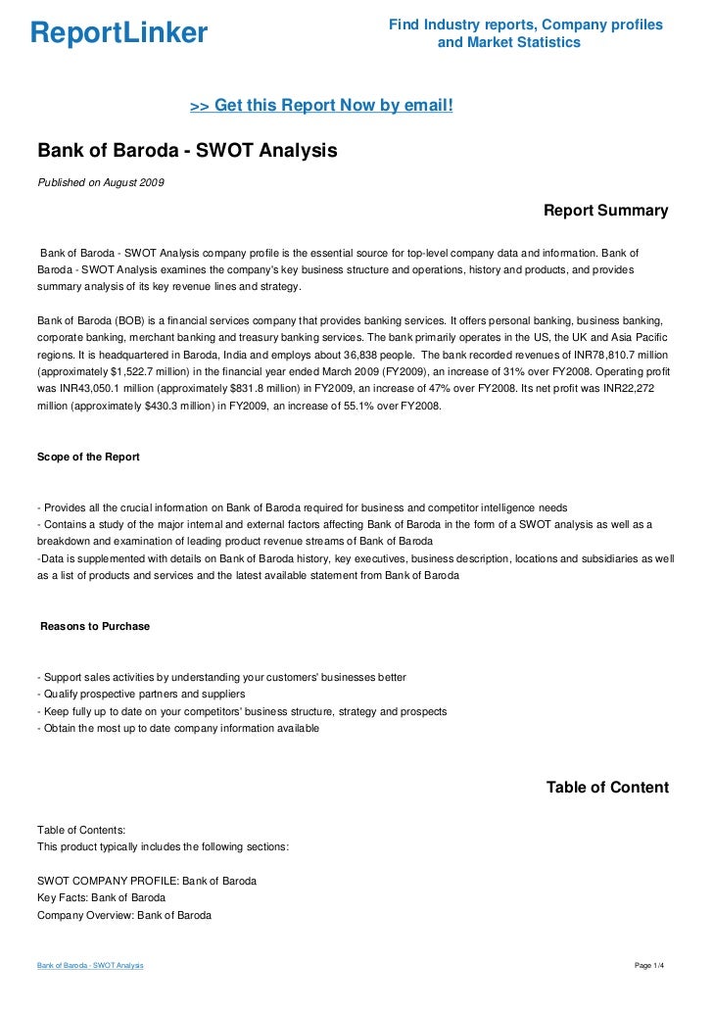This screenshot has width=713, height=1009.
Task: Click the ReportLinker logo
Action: tap(119, 34)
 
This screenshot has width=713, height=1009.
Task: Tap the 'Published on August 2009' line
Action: tap(101, 184)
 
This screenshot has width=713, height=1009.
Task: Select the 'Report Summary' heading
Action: tap(605, 211)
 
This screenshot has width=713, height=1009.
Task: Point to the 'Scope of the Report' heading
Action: tap(88, 456)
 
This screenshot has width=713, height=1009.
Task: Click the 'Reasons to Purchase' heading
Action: tap(95, 626)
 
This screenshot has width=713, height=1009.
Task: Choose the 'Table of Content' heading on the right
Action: tap(607, 788)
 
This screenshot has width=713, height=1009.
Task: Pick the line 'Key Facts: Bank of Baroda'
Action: tap(101, 897)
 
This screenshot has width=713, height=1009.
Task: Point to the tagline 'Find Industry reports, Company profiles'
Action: tap(526, 24)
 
